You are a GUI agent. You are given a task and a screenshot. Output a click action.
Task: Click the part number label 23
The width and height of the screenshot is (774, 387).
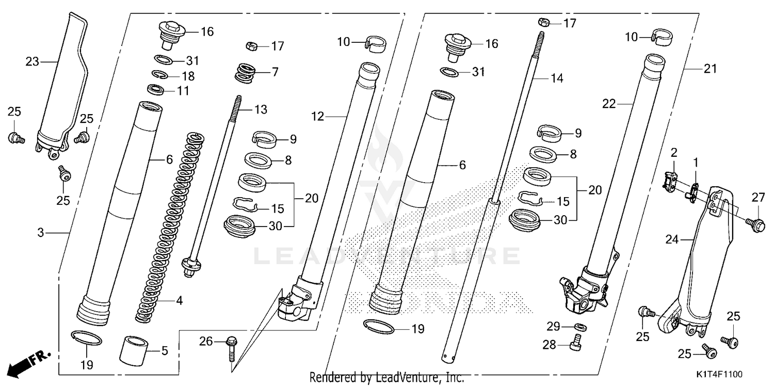point(32,62)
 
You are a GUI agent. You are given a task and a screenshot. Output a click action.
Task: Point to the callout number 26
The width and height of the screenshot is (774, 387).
point(205,341)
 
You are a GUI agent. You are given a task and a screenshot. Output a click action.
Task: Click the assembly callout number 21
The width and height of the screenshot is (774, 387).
point(710,69)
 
